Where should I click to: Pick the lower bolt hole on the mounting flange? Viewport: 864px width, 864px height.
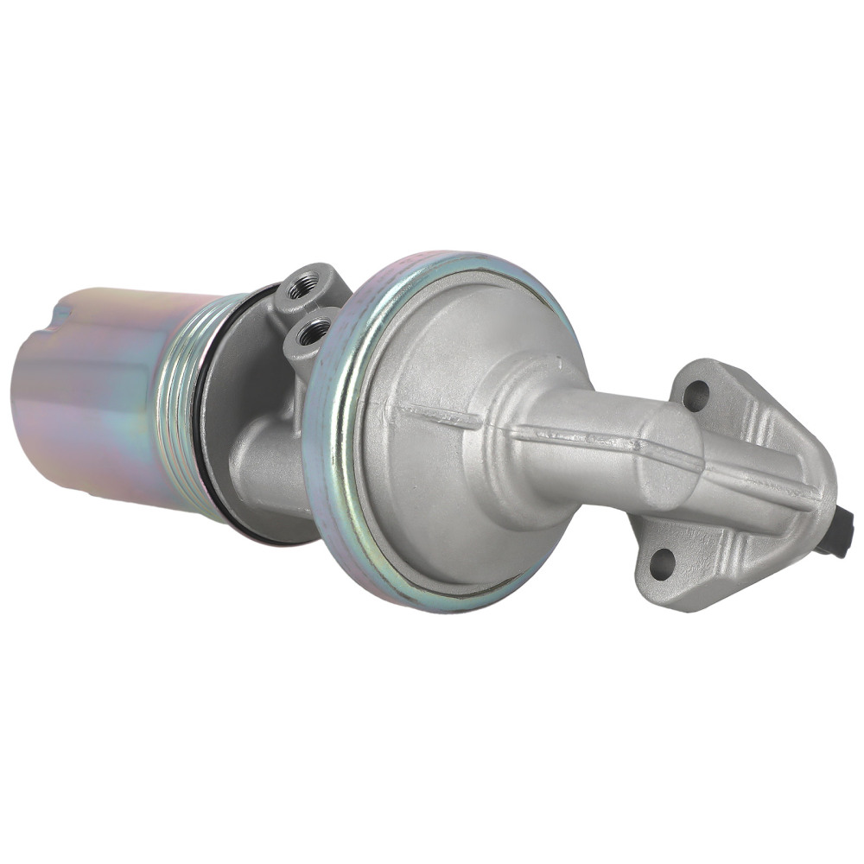click(x=660, y=563)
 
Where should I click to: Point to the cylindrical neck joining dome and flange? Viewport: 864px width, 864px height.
click(x=596, y=432)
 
